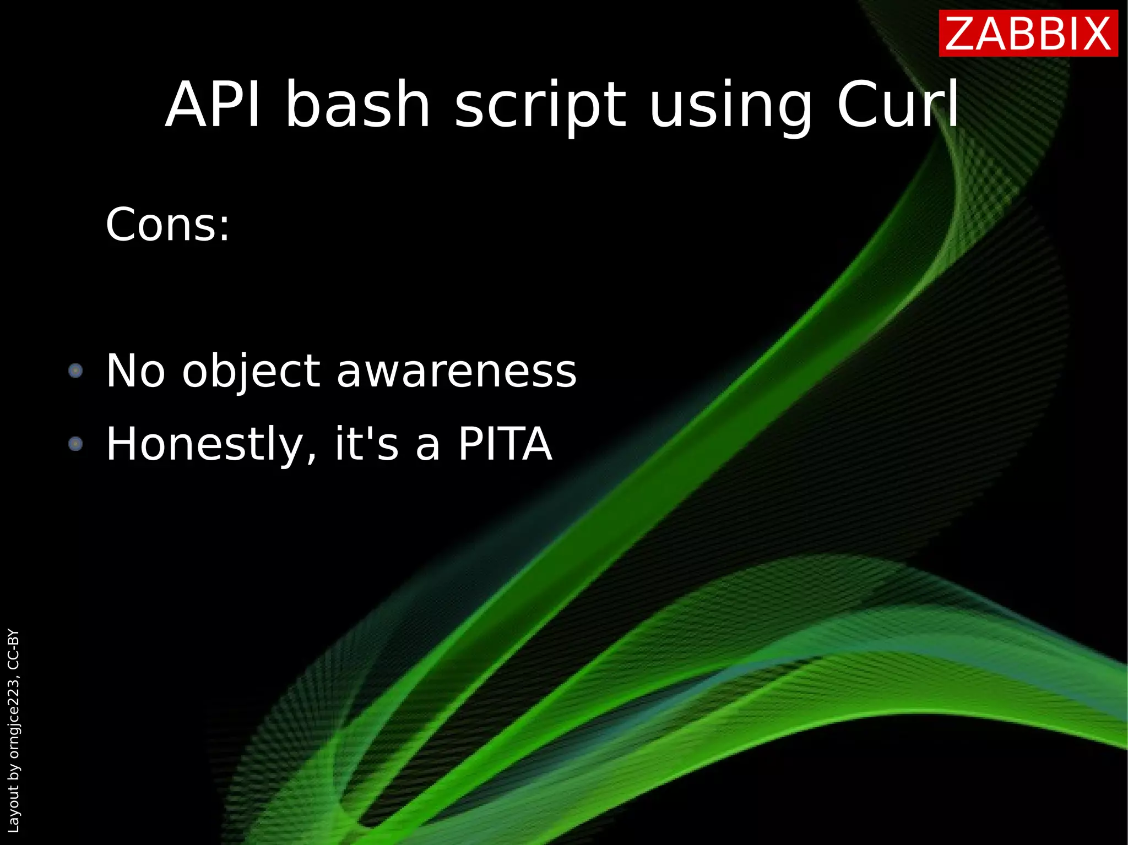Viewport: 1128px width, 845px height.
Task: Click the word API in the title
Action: pyautogui.click(x=213, y=105)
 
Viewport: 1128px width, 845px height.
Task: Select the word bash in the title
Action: pyautogui.click(x=357, y=105)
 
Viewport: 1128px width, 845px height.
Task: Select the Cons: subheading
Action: pyautogui.click(x=167, y=225)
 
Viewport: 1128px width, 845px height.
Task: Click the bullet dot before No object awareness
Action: pyautogui.click(x=75, y=370)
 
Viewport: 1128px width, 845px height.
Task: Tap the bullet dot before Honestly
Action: pyautogui.click(x=75, y=443)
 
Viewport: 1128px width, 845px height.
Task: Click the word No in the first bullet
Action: pyautogui.click(x=135, y=371)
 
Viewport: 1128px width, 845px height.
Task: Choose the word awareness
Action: pyautogui.click(x=457, y=371)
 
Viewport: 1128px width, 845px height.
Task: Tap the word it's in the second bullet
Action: pyautogui.click(x=366, y=444)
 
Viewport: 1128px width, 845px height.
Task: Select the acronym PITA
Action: pyautogui.click(x=505, y=444)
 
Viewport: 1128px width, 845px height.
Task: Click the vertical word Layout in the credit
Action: pyautogui.click(x=13, y=809)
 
